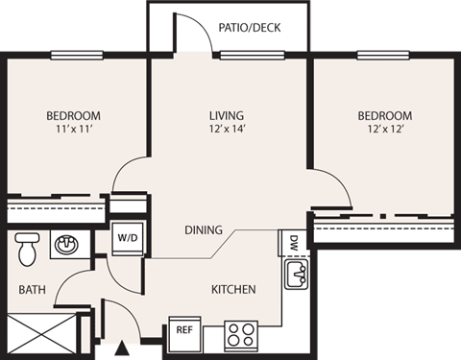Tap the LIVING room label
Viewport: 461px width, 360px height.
click(228, 116)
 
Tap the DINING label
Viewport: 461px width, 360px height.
click(204, 230)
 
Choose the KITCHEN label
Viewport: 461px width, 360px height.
click(233, 288)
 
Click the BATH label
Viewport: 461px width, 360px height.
click(33, 288)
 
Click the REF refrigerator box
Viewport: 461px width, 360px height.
click(185, 329)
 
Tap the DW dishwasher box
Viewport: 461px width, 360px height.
click(293, 241)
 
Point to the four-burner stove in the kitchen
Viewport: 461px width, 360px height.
click(244, 334)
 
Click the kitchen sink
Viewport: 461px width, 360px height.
click(295, 277)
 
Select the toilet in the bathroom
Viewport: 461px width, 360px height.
click(27, 248)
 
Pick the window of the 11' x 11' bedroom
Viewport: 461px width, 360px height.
click(78, 56)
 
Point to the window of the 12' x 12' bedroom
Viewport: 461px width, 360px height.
click(383, 56)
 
